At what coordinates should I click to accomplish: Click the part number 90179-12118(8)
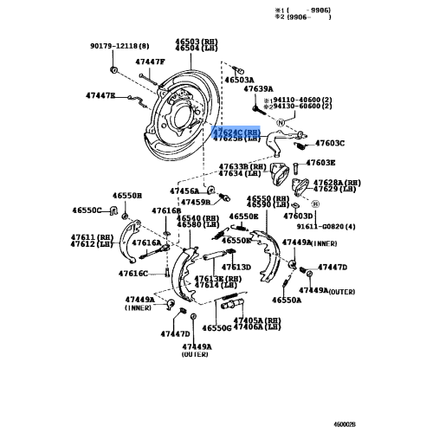pyautogui.click(x=120, y=45)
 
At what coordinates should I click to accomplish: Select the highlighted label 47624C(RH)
pyautogui.click(x=236, y=131)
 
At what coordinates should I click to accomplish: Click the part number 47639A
pyautogui.click(x=257, y=89)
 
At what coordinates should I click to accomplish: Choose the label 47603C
pyautogui.click(x=329, y=143)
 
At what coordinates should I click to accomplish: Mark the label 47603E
pyautogui.click(x=320, y=162)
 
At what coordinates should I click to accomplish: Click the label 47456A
pyautogui.click(x=184, y=190)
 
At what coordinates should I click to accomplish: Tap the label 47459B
pyautogui.click(x=195, y=203)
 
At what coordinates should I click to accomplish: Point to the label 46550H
pyautogui.click(x=126, y=197)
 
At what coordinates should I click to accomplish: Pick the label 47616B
pyautogui.click(x=165, y=210)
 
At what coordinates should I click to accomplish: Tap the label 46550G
pyautogui.click(x=217, y=328)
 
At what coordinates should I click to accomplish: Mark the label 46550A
pyautogui.click(x=287, y=300)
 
